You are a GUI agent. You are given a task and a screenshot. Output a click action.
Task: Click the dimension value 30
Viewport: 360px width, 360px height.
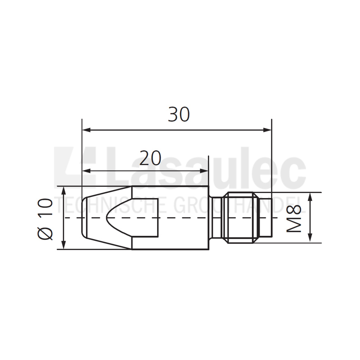[179, 115]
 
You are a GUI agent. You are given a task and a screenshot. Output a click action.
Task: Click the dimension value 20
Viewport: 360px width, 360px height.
[150, 158]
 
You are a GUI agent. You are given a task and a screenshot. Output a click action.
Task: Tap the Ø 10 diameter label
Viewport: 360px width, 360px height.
[46, 218]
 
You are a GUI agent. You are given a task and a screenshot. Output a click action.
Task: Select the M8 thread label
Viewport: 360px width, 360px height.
[294, 218]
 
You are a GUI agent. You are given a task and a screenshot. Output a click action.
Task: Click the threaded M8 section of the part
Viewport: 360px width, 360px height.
[242, 218]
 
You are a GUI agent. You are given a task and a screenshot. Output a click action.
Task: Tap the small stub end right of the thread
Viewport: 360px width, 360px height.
[266, 218]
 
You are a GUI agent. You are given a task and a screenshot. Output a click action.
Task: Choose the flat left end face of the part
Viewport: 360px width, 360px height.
[82, 218]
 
